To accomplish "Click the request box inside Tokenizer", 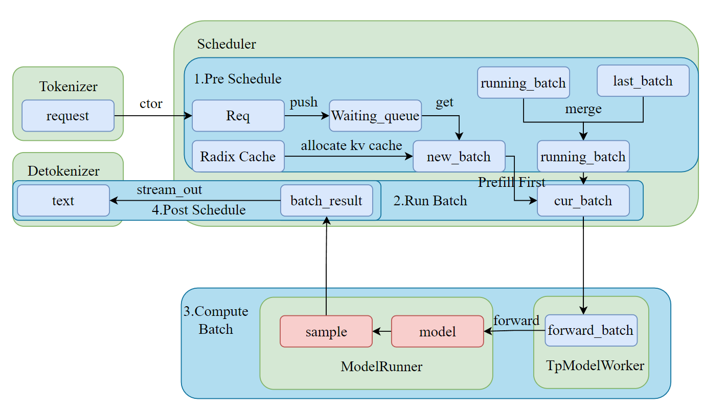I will [x=67, y=116].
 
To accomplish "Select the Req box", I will [x=238, y=116].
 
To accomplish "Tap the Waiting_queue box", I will [x=375, y=116].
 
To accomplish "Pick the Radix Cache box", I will [x=238, y=156].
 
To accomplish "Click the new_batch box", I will [x=459, y=156].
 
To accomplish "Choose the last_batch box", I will [x=643, y=81].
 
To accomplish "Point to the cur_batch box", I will [x=583, y=200].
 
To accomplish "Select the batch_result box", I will [x=326, y=200].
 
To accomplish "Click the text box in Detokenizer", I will [x=63, y=200].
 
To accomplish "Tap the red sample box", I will [x=326, y=331].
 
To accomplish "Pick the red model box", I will [x=437, y=331].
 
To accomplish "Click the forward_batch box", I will [x=591, y=330].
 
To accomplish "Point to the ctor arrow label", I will [x=151, y=103].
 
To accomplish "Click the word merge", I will [x=583, y=109].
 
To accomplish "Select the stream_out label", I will [x=169, y=189].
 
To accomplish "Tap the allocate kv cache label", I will [x=351, y=145].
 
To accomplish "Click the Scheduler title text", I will [x=226, y=44].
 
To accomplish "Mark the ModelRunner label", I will [x=381, y=367].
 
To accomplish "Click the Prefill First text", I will [x=512, y=182].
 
